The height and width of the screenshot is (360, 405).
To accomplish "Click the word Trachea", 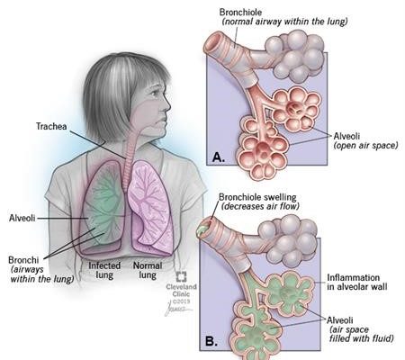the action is click(x=51, y=126).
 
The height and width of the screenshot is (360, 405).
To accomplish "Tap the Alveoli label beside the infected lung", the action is click(x=22, y=218).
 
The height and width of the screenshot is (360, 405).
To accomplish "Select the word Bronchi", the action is click(x=23, y=260).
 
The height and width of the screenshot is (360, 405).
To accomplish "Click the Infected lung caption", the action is click(x=104, y=270).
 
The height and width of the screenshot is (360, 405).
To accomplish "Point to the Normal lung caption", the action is click(x=148, y=270).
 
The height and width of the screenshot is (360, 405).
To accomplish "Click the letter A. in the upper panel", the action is click(x=219, y=157).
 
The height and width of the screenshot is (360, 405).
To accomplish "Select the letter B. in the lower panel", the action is click(x=211, y=341).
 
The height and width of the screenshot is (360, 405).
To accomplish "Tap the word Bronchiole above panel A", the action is click(x=240, y=13).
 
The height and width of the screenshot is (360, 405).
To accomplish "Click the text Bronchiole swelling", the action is click(x=257, y=197).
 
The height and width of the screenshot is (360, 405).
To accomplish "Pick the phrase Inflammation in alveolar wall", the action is click(x=357, y=282).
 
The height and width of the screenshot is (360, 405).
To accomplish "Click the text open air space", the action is click(x=366, y=146).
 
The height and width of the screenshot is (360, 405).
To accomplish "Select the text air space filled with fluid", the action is click(x=361, y=334).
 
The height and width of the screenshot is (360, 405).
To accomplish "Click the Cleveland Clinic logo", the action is click(x=181, y=277).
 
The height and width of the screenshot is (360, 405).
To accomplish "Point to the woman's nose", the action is click(x=166, y=105).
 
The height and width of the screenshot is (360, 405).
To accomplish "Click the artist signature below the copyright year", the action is click(x=178, y=310).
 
